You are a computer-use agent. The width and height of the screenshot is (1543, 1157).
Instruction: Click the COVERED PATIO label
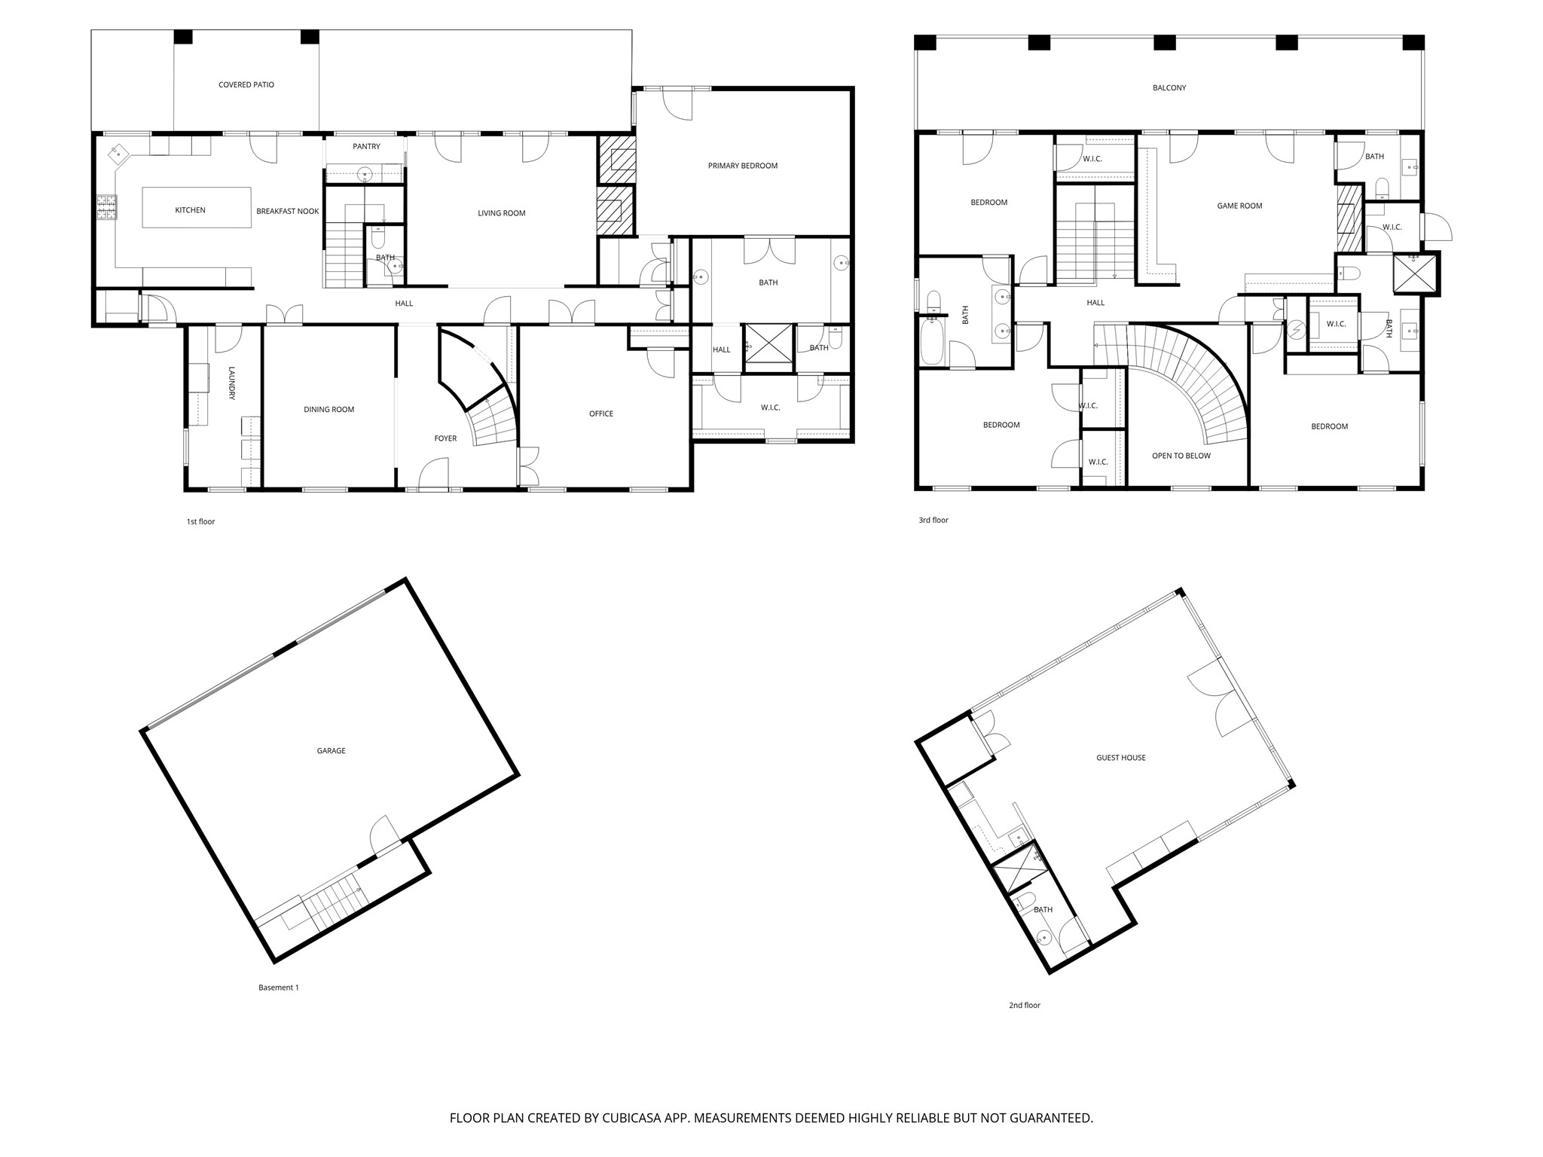point(246,85)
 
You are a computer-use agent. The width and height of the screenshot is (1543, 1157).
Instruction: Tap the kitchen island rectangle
point(197,207)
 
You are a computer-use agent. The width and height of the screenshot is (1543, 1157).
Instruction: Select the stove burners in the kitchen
point(106,206)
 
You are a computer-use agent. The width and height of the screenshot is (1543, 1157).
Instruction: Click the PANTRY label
point(366,147)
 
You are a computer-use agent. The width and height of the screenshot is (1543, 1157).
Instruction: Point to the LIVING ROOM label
point(501,213)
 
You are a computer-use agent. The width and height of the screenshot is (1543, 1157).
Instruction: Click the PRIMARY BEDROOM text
point(742,166)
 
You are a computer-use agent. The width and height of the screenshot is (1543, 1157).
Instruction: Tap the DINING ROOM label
point(328,410)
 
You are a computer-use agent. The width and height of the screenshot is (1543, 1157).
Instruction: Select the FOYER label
point(445,438)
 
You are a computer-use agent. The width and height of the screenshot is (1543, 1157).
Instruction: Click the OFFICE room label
point(600,414)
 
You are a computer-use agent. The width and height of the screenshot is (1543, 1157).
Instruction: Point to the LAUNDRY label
point(232,383)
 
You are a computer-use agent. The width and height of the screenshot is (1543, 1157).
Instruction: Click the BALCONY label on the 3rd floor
point(1169,88)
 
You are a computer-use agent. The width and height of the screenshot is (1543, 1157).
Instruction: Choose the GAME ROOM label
point(1239,206)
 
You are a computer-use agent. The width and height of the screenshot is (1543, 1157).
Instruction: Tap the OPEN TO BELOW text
point(1181,456)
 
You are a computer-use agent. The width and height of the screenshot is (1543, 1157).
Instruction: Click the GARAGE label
point(331,751)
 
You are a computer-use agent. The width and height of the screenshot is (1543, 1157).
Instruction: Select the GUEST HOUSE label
point(1120,758)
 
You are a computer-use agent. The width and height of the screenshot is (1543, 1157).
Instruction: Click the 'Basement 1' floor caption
point(279,988)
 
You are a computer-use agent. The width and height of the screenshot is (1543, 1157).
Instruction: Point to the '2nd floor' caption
point(1025,1005)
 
